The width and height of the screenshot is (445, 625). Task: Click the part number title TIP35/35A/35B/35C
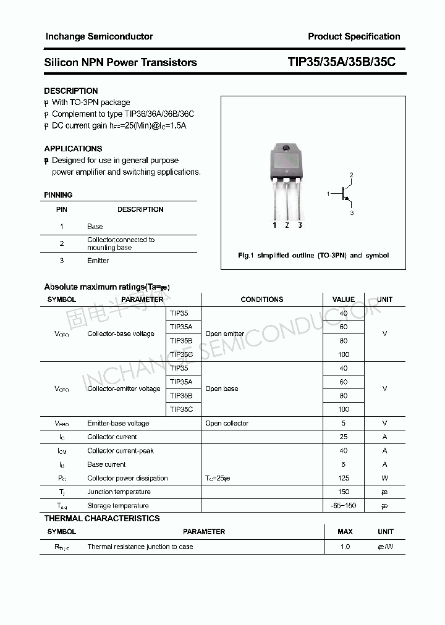(x=342, y=62)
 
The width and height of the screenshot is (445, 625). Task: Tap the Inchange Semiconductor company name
(x=99, y=36)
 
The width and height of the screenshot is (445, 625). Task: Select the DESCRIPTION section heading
(x=71, y=91)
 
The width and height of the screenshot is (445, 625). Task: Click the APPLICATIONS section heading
(x=73, y=148)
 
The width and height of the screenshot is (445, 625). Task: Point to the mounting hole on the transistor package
(x=286, y=149)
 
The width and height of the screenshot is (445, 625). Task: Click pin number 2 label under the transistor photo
(x=287, y=225)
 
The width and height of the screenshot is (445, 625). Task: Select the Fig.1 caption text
(x=313, y=255)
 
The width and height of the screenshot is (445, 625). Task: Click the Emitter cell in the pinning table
(x=98, y=261)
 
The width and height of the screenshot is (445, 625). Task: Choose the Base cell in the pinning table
(x=95, y=227)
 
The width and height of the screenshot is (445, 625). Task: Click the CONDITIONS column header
(x=261, y=300)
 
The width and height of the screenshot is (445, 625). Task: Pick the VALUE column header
(x=344, y=300)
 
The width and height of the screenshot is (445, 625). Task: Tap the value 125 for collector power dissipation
(x=344, y=478)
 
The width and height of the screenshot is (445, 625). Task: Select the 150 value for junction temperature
(x=344, y=492)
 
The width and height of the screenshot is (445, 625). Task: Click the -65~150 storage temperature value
(x=344, y=506)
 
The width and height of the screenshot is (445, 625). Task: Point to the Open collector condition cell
(x=227, y=423)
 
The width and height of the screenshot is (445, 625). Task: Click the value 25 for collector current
(x=344, y=437)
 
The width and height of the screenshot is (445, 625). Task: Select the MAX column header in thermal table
(x=345, y=532)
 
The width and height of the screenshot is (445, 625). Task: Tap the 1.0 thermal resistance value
(x=345, y=547)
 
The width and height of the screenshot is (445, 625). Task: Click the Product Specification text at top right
(x=354, y=36)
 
